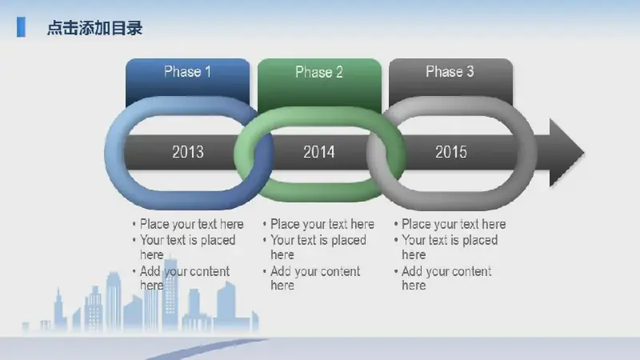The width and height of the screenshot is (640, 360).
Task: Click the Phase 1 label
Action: tap(187, 72)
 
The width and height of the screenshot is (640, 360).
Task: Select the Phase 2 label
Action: tap(318, 72)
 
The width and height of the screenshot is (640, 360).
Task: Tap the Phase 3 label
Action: tap(450, 72)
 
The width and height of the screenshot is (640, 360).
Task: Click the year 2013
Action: tap(188, 152)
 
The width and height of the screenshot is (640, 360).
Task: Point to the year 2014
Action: tap(318, 152)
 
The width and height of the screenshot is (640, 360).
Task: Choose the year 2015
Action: tap(450, 152)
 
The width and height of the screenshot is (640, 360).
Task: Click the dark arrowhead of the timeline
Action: tap(566, 153)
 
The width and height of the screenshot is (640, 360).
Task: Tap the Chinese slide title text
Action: tap(94, 28)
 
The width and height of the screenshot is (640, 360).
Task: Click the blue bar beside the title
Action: tap(21, 27)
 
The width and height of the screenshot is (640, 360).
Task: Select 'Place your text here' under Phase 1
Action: tap(191, 224)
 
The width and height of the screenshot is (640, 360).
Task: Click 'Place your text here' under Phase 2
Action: tap(322, 224)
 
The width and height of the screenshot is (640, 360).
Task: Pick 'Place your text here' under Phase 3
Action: tap(454, 224)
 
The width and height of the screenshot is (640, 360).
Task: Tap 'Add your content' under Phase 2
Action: tap(315, 271)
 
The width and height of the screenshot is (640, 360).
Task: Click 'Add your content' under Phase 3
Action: tap(446, 271)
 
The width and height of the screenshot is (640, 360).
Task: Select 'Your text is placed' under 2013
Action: tap(187, 240)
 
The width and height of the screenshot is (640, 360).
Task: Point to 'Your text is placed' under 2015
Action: tap(450, 240)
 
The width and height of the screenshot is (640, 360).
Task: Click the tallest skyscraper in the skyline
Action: tap(170, 293)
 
